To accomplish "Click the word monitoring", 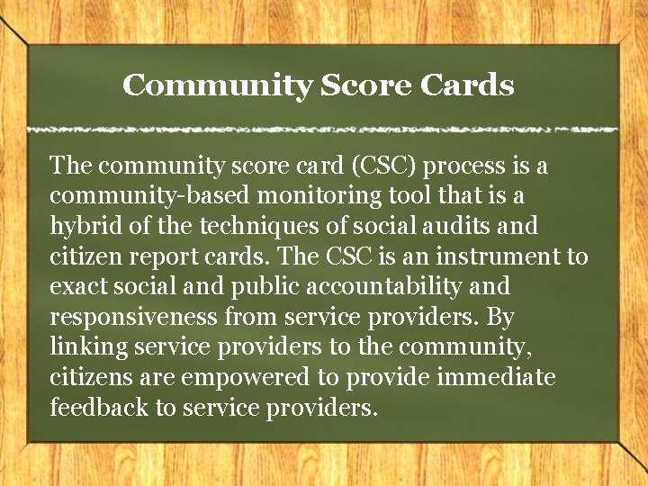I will (x=281, y=196).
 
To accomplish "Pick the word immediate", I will (x=497, y=378).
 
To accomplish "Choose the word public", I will (x=265, y=287).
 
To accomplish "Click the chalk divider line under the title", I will (x=324, y=130).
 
